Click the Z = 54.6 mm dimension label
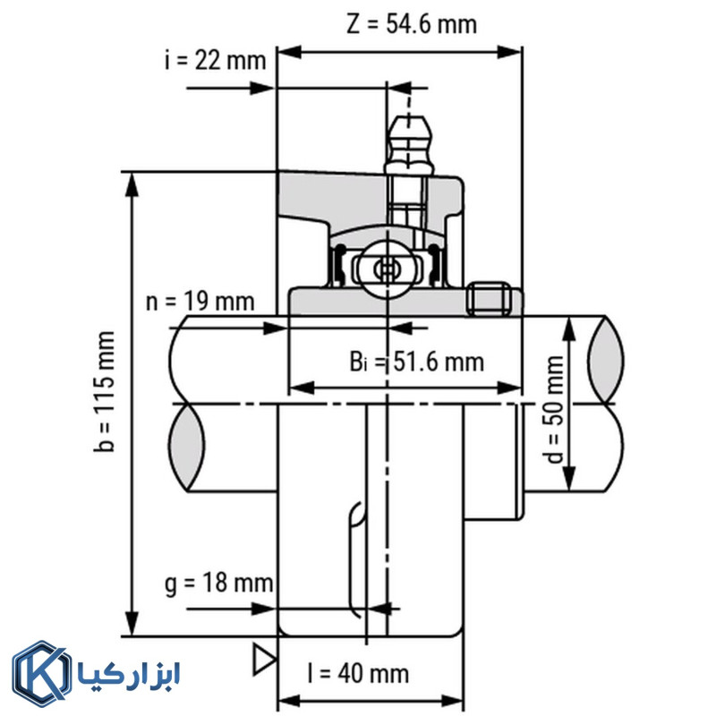[412, 23]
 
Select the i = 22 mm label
[216, 61]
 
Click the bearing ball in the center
[388, 268]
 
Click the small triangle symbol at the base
[263, 658]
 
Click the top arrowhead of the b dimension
[132, 183]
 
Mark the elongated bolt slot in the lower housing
[356, 559]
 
